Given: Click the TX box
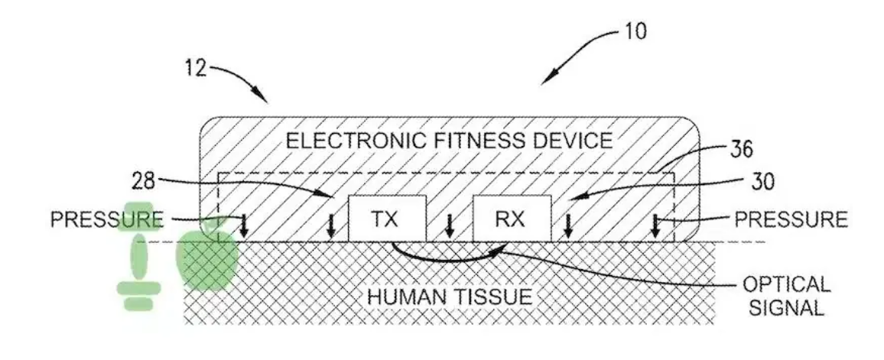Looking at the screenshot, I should coord(387,218).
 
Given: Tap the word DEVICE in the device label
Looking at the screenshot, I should coord(577,140).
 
